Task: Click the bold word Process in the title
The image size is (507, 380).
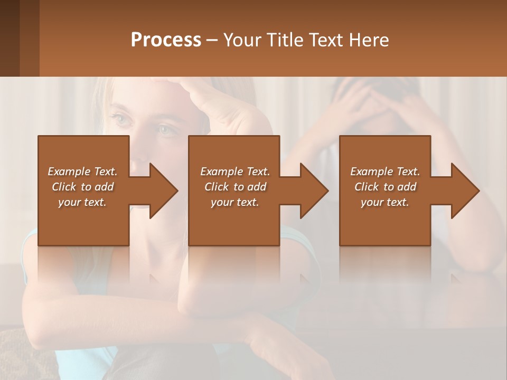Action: click(166, 40)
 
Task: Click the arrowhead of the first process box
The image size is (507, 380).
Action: click(164, 191)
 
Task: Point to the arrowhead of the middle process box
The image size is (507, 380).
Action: click(315, 191)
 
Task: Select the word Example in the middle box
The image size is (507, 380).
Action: click(220, 172)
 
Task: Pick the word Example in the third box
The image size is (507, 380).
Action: click(370, 172)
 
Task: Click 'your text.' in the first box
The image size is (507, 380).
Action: click(82, 202)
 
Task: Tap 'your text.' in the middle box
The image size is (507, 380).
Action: click(234, 202)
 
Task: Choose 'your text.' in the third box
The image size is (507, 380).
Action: click(384, 202)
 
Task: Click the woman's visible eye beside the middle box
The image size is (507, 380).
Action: click(168, 128)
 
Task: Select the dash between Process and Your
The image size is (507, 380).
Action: click(212, 41)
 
